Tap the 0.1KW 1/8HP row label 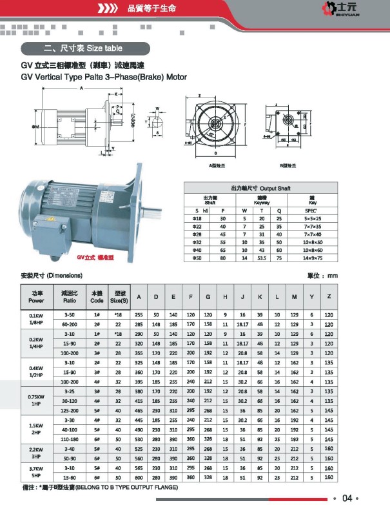[x=37, y=319]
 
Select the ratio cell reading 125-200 [x=70, y=410]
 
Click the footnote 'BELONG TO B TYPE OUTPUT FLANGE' [x=125, y=488]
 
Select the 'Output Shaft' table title [x=260, y=188]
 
